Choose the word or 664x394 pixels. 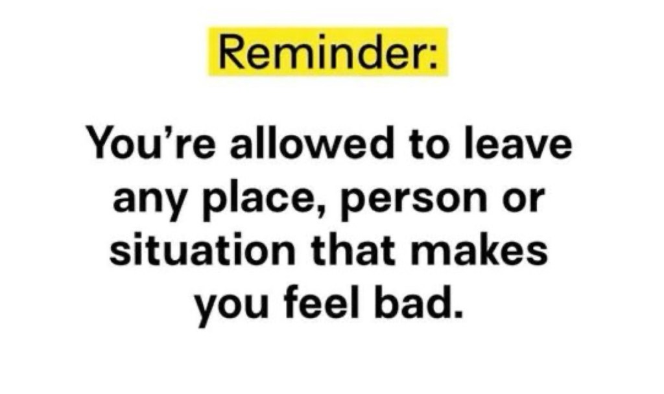click(523, 199)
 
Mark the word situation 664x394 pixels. click(202, 248)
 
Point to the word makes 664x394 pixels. click(479, 248)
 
